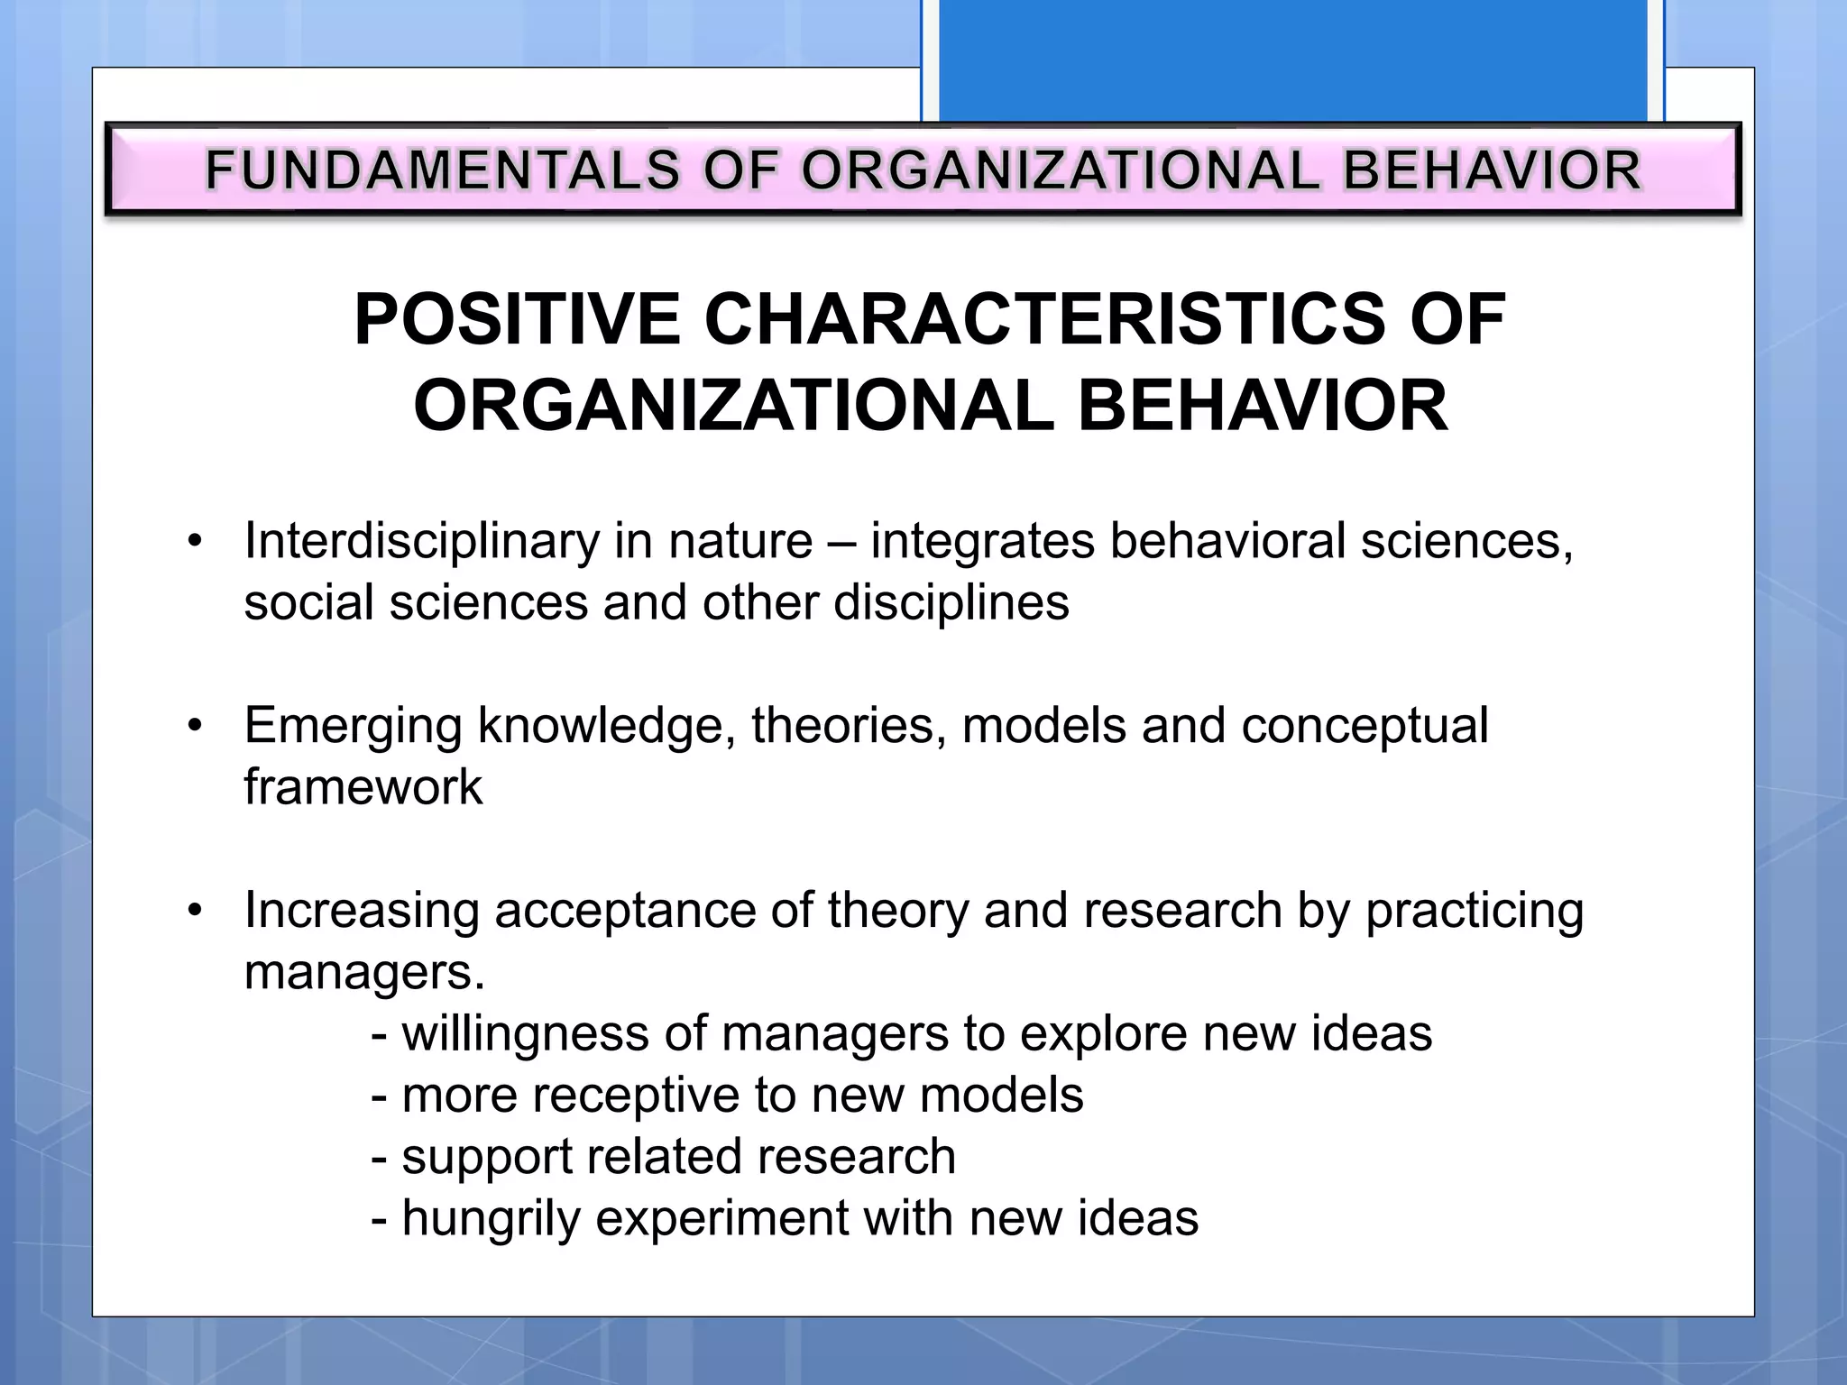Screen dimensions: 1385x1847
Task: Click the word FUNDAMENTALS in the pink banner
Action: [442, 170]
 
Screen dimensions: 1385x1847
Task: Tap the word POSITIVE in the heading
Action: [517, 319]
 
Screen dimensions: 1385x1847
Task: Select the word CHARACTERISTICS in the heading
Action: [1043, 319]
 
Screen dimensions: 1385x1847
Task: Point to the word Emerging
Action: [353, 726]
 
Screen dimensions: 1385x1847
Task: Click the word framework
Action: [363, 787]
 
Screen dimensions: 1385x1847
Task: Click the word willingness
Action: [525, 1034]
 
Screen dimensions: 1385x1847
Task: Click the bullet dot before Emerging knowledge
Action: [195, 726]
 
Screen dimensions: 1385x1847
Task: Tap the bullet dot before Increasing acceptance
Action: [195, 911]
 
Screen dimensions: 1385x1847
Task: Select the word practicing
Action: [1474, 911]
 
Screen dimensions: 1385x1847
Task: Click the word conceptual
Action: [1364, 726]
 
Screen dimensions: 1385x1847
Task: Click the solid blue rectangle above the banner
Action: [1292, 60]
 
